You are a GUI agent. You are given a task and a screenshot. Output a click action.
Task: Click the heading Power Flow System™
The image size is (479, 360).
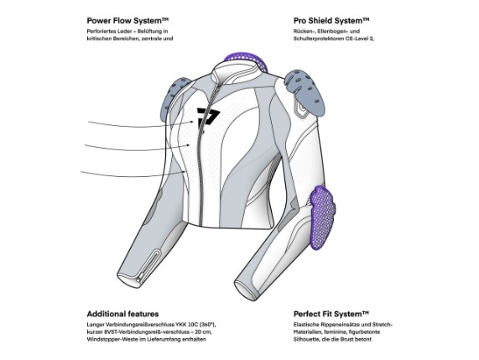128,21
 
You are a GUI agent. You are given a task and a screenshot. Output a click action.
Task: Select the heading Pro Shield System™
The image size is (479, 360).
331,21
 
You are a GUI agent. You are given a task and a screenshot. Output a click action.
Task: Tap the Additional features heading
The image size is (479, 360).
122,314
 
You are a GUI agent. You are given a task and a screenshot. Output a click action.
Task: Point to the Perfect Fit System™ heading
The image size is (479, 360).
331,314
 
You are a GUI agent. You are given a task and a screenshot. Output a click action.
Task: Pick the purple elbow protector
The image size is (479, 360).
322,217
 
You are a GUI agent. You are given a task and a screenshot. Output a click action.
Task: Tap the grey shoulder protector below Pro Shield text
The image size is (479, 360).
304,90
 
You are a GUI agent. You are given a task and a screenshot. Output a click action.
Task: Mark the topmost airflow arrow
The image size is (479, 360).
141,125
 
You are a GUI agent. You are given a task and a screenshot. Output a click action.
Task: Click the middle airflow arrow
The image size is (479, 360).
138,149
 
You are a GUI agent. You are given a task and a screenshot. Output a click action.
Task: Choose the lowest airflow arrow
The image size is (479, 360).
133,175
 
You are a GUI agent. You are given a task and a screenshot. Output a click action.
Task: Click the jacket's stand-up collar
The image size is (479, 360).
236,70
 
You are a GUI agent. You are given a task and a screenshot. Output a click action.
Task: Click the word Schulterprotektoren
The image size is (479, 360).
319,39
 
